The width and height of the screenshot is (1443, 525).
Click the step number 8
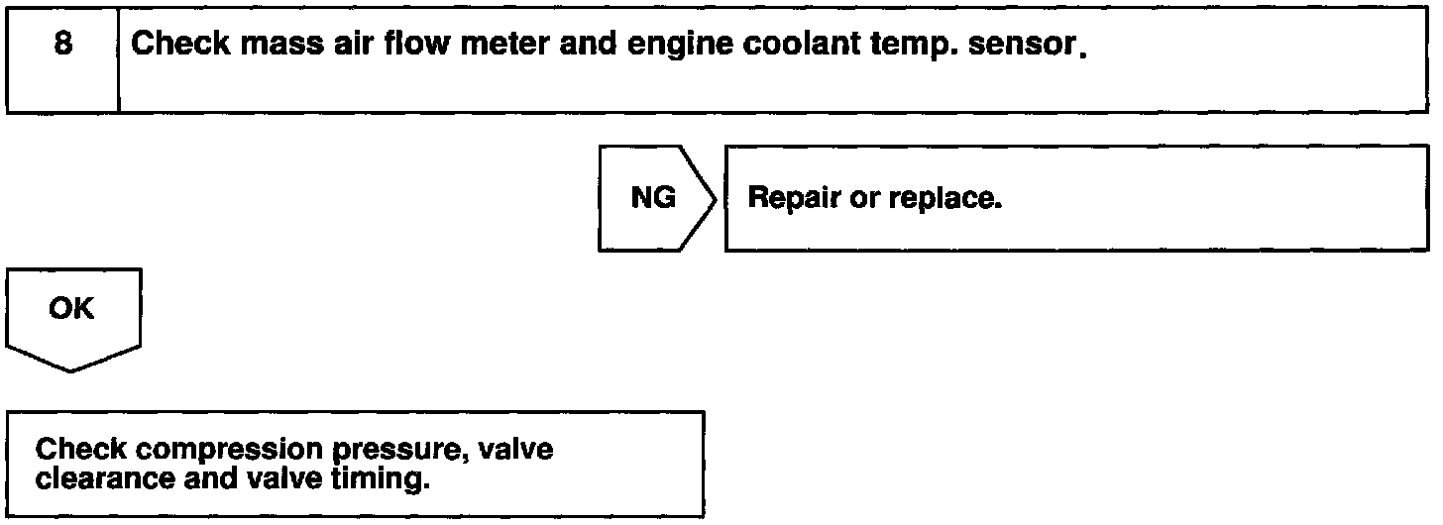(x=61, y=46)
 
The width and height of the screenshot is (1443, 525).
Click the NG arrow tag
(x=653, y=198)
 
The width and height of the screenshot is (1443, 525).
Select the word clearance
(x=98, y=480)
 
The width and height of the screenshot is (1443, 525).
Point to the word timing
(x=390, y=480)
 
